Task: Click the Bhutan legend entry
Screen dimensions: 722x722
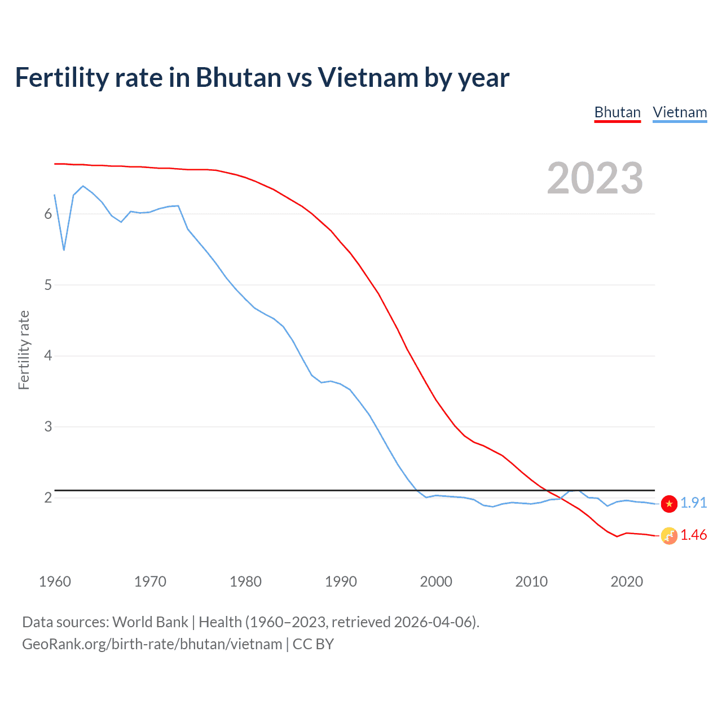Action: [618, 113]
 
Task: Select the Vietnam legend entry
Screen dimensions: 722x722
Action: [680, 113]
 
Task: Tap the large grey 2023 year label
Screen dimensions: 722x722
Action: [595, 178]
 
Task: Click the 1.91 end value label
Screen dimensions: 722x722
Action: [693, 503]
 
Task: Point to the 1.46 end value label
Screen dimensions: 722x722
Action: [693, 535]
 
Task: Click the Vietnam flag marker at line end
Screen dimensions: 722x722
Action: [669, 504]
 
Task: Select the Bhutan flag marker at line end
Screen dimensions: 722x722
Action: [669, 536]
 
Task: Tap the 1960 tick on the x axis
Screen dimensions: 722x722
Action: [55, 582]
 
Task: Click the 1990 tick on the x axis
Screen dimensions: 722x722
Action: [341, 582]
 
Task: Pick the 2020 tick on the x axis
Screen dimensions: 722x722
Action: [627, 582]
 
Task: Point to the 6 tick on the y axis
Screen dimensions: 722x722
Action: [48, 214]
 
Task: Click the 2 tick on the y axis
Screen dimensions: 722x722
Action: [48, 498]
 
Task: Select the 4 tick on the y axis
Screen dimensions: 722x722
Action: [48, 355]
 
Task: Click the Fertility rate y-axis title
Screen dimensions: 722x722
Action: [24, 350]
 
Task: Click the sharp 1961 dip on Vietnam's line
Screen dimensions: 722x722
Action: [64, 249]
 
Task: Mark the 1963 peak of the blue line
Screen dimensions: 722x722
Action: [83, 186]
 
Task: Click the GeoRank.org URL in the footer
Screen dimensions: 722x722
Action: [152, 644]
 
